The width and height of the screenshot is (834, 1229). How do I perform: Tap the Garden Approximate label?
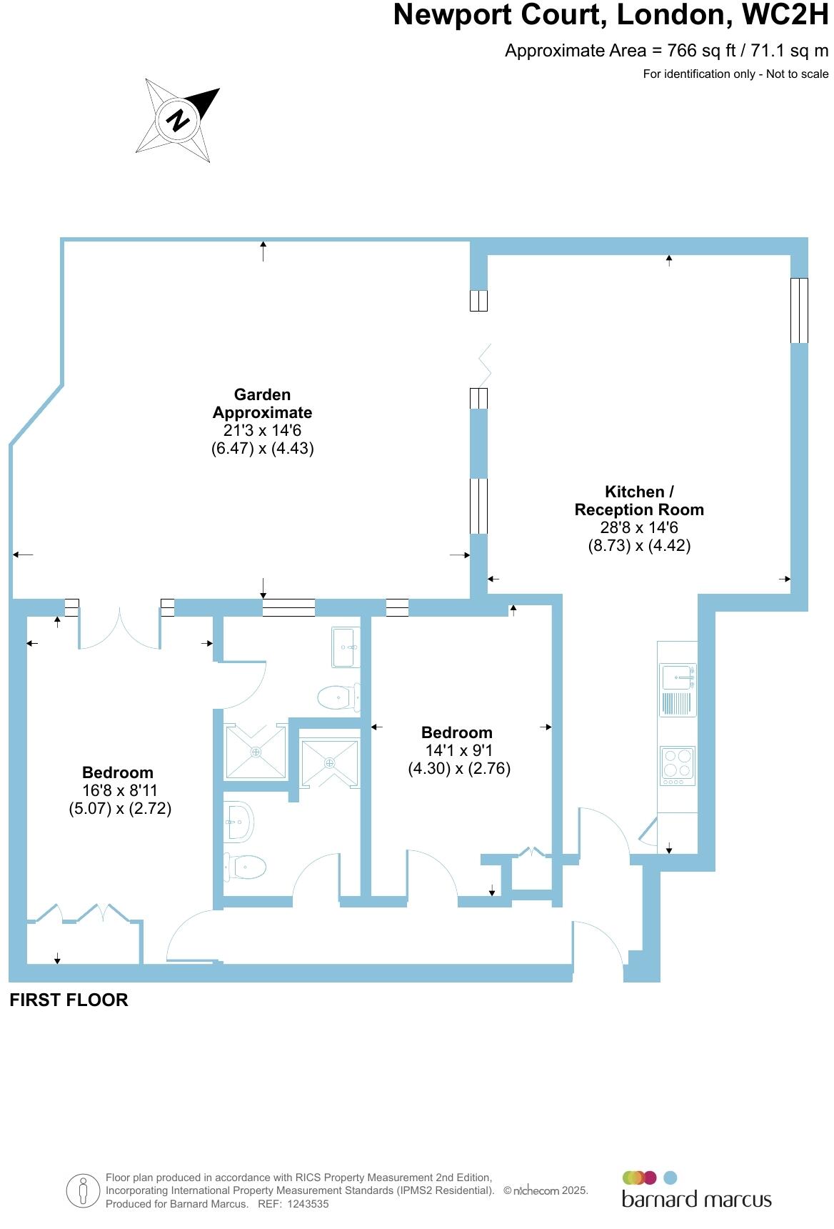point(262,404)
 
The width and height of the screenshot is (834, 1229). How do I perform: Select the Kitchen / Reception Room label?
point(639,500)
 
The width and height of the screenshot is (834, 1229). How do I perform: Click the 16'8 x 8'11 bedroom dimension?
point(119,790)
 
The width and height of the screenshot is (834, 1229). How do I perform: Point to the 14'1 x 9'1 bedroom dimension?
point(458,750)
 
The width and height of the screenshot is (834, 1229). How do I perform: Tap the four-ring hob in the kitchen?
point(677,762)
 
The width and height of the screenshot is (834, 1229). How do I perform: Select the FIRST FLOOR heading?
point(69,1000)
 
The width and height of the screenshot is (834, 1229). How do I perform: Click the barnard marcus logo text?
point(696,1198)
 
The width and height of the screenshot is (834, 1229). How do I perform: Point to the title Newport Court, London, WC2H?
point(611,15)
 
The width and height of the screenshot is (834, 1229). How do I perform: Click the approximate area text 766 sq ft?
point(666,51)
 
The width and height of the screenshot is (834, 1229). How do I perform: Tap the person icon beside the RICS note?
point(84,1191)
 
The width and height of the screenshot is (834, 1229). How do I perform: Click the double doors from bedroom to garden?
point(119,629)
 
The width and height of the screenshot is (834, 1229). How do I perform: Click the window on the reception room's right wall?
point(799,310)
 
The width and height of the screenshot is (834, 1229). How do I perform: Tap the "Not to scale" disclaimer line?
point(735,74)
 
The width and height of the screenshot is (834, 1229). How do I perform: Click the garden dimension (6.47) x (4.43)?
point(262,449)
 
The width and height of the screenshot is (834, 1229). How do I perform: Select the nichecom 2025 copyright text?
point(546,1190)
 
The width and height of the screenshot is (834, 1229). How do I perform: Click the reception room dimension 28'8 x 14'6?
point(639,528)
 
